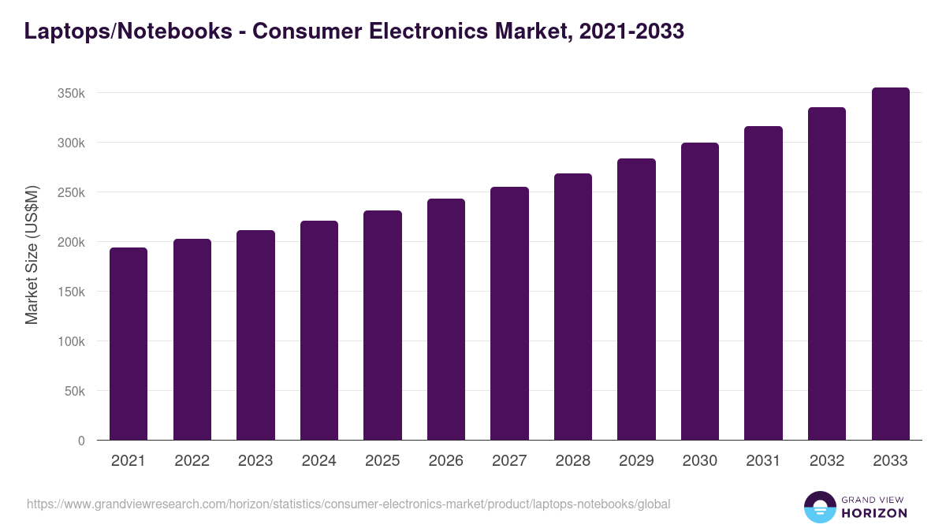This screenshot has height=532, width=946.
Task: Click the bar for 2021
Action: [128, 344]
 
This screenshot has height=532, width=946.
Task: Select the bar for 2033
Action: [890, 264]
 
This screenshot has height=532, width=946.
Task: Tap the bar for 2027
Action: [509, 314]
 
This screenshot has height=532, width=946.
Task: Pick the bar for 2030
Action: [700, 292]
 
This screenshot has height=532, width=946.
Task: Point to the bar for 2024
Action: [319, 330]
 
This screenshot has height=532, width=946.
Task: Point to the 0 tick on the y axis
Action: [81, 441]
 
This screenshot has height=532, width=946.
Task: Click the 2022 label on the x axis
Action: [192, 461]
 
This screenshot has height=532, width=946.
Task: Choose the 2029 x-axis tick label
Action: [636, 461]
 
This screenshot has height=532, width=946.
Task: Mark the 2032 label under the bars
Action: [827, 461]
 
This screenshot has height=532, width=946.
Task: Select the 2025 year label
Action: [382, 461]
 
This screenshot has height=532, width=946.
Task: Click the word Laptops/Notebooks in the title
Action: [126, 32]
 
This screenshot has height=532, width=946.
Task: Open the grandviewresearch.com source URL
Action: [348, 504]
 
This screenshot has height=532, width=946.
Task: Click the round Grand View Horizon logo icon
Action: [820, 508]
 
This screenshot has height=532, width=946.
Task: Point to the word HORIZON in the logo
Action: [874, 513]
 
